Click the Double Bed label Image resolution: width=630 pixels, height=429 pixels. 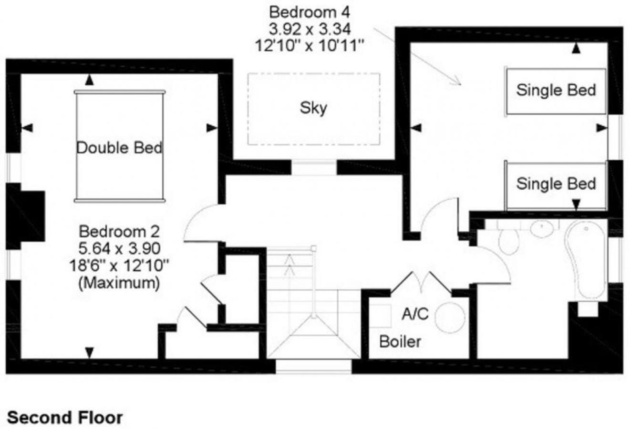coord(120,148)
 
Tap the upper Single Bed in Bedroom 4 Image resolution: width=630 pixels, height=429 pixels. coord(556,91)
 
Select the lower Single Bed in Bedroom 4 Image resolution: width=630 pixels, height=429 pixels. coord(556,185)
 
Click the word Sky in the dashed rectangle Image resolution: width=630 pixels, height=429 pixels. coord(313,108)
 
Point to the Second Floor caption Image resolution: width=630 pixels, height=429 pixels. coord(65,418)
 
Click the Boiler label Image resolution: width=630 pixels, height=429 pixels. coord(400,342)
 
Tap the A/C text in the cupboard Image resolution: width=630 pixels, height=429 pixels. coord(415,314)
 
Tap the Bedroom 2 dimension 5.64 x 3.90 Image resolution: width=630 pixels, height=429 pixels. coord(120,248)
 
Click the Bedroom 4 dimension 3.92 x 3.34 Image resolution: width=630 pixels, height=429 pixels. coord(310,29)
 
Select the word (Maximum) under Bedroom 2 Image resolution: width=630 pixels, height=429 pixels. coord(119,283)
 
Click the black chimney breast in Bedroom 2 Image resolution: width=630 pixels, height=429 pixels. coord(25,216)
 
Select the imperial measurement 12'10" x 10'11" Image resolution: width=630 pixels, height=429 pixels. coord(310,46)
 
